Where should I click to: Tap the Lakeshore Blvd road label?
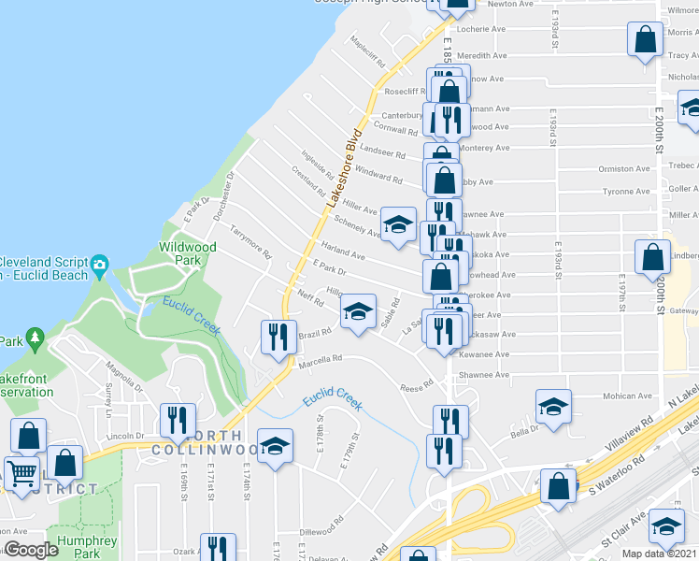(x=343, y=166)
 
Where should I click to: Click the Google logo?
(x=30, y=550)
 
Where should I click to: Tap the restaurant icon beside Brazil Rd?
(x=277, y=336)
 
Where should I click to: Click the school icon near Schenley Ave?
(x=398, y=224)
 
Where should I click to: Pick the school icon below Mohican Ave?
(x=553, y=408)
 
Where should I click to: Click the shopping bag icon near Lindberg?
(x=652, y=256)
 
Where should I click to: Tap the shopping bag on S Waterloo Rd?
(x=559, y=486)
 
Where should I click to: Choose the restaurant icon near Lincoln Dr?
(x=175, y=420)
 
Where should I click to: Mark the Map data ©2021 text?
(x=660, y=554)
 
